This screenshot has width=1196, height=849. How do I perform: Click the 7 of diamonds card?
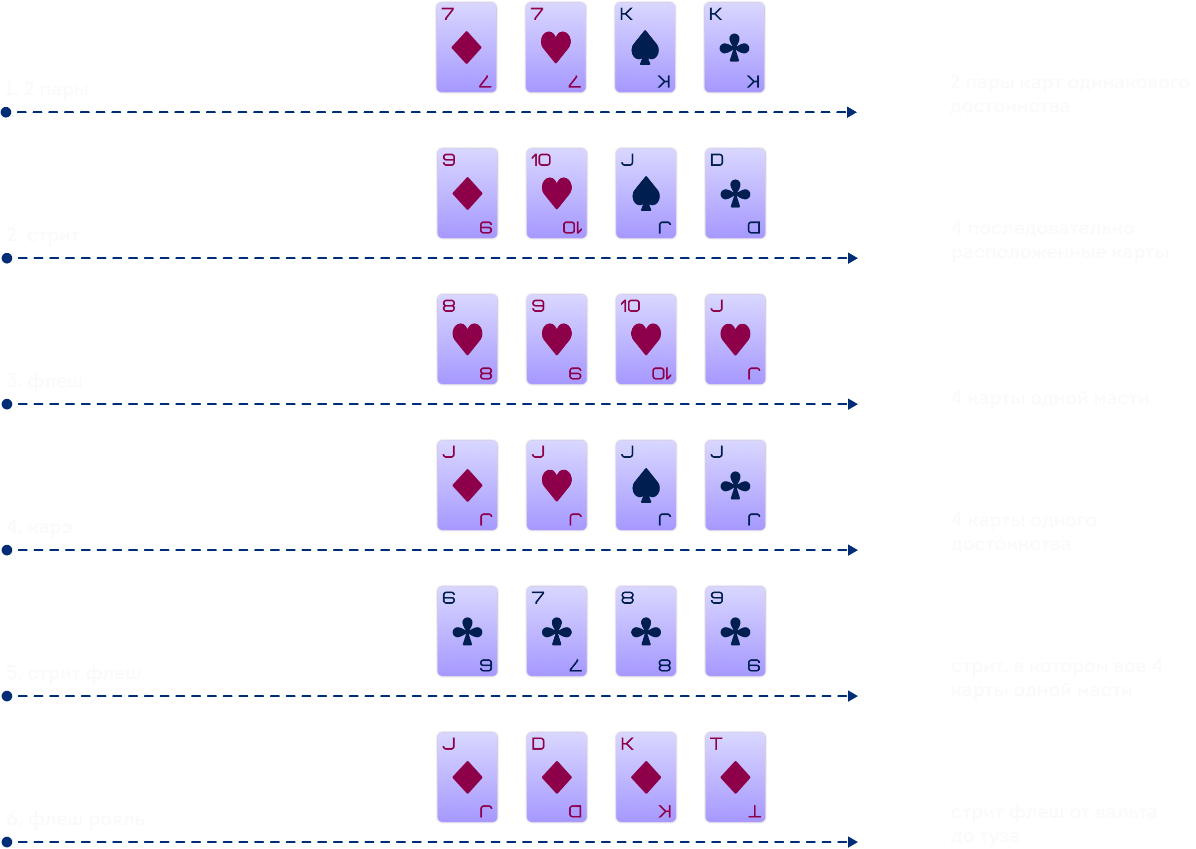click(466, 48)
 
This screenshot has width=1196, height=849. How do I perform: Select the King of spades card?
click(645, 48)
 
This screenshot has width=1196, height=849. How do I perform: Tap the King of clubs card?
click(734, 48)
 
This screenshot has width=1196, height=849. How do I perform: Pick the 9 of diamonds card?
click(467, 194)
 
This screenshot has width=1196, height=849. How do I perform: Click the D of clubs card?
click(735, 194)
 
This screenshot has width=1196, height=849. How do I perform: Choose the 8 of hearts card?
click(467, 339)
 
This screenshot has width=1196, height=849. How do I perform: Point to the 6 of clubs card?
click(467, 631)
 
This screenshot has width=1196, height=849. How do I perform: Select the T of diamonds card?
click(735, 777)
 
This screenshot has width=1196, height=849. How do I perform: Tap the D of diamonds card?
click(556, 777)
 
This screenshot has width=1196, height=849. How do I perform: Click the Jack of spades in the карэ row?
click(646, 485)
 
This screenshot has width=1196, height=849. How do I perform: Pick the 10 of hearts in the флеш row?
click(646, 339)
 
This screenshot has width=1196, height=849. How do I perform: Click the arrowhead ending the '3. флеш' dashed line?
click(853, 404)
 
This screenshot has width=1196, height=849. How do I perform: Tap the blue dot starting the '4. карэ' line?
click(7, 550)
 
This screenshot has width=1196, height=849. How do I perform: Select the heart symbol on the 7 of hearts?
click(555, 47)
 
